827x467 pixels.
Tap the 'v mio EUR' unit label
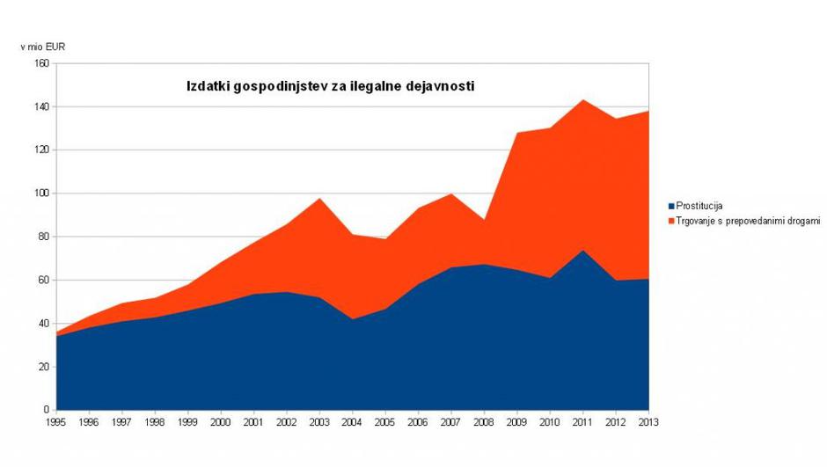[x=42, y=47]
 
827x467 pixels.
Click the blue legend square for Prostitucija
[x=670, y=206]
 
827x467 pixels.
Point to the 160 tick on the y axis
[x=41, y=63]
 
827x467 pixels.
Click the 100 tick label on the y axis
[x=41, y=193]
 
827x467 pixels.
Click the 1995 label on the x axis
[x=56, y=422]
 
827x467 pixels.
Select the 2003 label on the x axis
[x=319, y=422]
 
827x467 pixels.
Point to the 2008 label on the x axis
[x=484, y=422]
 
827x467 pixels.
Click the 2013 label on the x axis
[x=648, y=422]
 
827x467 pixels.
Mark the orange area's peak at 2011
[x=582, y=100]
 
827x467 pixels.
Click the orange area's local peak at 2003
[x=319, y=199]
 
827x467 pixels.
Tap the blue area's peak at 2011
[x=582, y=251]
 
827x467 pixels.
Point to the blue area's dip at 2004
[x=352, y=319]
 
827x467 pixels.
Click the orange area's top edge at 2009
[x=516, y=133]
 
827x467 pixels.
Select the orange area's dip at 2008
[x=484, y=220]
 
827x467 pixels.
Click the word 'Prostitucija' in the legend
[x=699, y=206]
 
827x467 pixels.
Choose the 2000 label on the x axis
[x=221, y=422]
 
